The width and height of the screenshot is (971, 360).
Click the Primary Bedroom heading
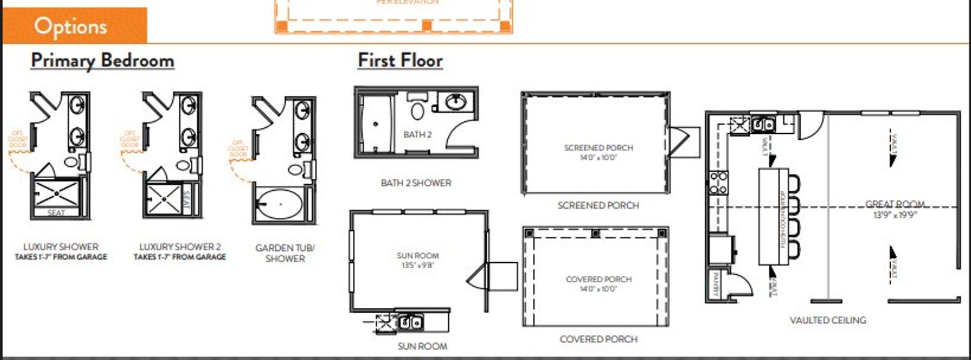(x=103, y=61)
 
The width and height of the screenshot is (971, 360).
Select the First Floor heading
(x=400, y=61)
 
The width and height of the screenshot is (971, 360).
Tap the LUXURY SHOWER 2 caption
(x=180, y=247)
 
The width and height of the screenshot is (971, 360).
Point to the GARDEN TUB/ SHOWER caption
(x=285, y=253)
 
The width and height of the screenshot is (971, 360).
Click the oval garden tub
(x=280, y=204)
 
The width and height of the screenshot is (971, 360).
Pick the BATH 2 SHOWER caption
(x=416, y=182)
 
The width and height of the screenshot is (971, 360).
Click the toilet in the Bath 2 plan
(x=418, y=111)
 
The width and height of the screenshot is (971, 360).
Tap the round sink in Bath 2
(x=457, y=103)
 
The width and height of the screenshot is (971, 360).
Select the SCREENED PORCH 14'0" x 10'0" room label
(x=598, y=152)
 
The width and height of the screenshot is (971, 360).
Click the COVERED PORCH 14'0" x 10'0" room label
(x=598, y=284)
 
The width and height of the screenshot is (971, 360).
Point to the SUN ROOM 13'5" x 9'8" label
(x=418, y=260)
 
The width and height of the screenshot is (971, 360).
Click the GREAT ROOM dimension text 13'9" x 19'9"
(x=894, y=215)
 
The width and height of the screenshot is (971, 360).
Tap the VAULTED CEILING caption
(x=828, y=320)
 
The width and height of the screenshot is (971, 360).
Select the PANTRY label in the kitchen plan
(x=715, y=284)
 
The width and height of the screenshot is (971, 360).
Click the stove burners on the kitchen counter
(x=719, y=182)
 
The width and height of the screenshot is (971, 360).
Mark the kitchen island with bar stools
(x=774, y=216)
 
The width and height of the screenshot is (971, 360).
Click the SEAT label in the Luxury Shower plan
(x=56, y=213)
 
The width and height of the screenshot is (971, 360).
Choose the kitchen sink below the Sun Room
(x=411, y=322)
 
